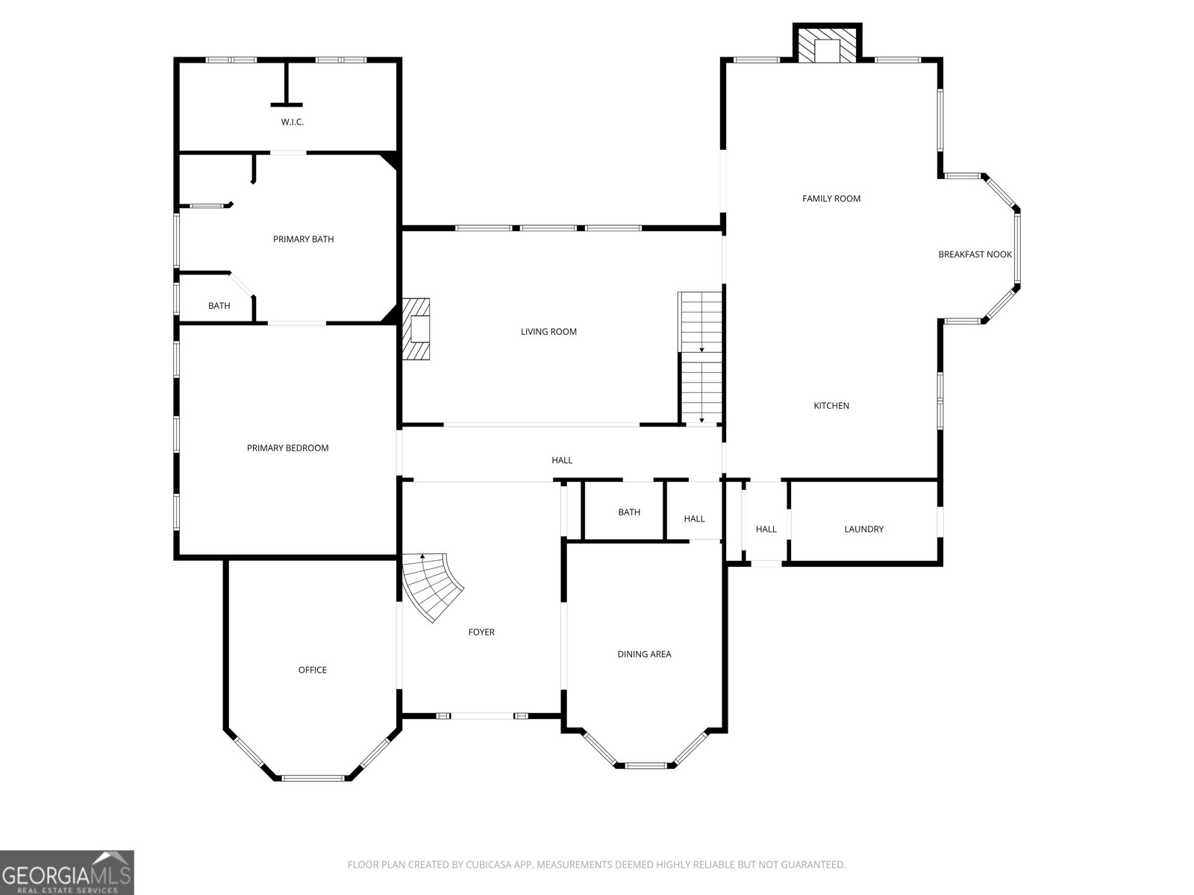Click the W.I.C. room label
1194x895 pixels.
(292, 122)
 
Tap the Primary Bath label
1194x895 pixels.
(303, 239)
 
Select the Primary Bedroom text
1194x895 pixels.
(287, 447)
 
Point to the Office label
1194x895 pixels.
(312, 670)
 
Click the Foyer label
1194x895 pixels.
(481, 632)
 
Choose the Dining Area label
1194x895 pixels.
(644, 654)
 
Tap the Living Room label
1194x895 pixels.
(548, 331)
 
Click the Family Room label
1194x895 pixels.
(831, 199)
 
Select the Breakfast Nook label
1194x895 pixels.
(975, 254)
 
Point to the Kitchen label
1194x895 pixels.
(831, 406)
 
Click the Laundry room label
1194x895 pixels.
(864, 530)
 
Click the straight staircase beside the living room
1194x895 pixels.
(701, 357)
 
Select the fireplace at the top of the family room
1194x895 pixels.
(828, 43)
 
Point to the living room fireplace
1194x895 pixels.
(416, 329)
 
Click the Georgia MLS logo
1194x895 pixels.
(67, 873)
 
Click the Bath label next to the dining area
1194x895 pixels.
(629, 512)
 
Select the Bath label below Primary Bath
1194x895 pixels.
(219, 306)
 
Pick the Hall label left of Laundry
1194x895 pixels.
(766, 530)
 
